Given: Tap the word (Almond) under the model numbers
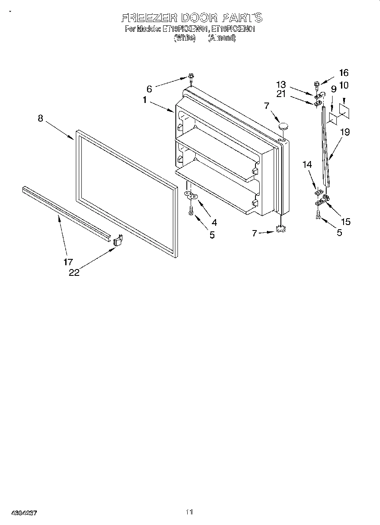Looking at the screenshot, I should pyautogui.click(x=221, y=38).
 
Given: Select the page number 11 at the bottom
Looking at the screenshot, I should pyautogui.click(x=189, y=512).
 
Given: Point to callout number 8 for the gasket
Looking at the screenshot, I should pyautogui.click(x=40, y=119).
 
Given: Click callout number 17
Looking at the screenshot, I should pyautogui.click(x=68, y=262).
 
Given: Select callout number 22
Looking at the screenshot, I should pyautogui.click(x=74, y=272).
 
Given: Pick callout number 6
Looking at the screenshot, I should pyautogui.click(x=149, y=89).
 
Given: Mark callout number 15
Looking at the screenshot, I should pyautogui.click(x=345, y=221).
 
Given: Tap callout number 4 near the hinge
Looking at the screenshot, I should pyautogui.click(x=214, y=222).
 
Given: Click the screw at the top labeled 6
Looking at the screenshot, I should pyautogui.click(x=191, y=78).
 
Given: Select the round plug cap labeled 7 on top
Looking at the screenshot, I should pyautogui.click(x=283, y=125).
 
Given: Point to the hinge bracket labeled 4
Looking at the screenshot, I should pyautogui.click(x=191, y=195).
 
